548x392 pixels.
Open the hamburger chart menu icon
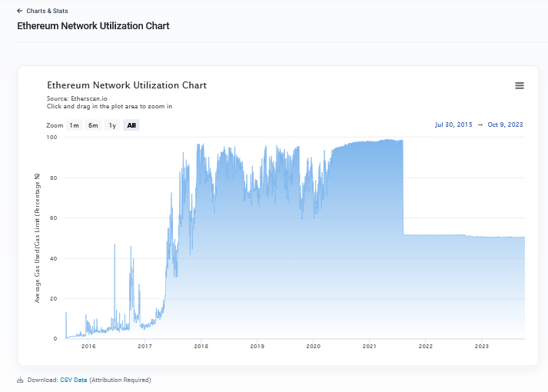tap(520, 86)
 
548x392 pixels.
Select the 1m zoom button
tap(74, 125)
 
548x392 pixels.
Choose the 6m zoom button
tap(93, 125)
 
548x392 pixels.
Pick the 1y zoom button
tap(112, 125)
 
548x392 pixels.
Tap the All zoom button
tap(131, 125)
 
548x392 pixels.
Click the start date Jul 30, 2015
tap(453, 125)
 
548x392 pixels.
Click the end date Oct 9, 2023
tap(506, 125)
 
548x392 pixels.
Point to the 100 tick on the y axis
tap(51, 138)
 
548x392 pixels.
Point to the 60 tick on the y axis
tap(53, 218)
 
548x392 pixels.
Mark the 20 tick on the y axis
tap(53, 299)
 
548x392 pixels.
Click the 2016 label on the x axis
tap(88, 347)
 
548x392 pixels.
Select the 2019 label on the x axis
tap(257, 347)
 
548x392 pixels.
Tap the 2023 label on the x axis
tap(482, 347)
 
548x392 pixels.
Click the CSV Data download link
tap(74, 380)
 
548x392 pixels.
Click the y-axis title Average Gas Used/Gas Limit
tap(37, 238)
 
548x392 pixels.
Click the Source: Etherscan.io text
tap(78, 99)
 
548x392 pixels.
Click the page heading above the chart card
tap(94, 26)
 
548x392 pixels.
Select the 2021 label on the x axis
tap(370, 347)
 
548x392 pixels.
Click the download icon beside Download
tap(20, 380)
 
